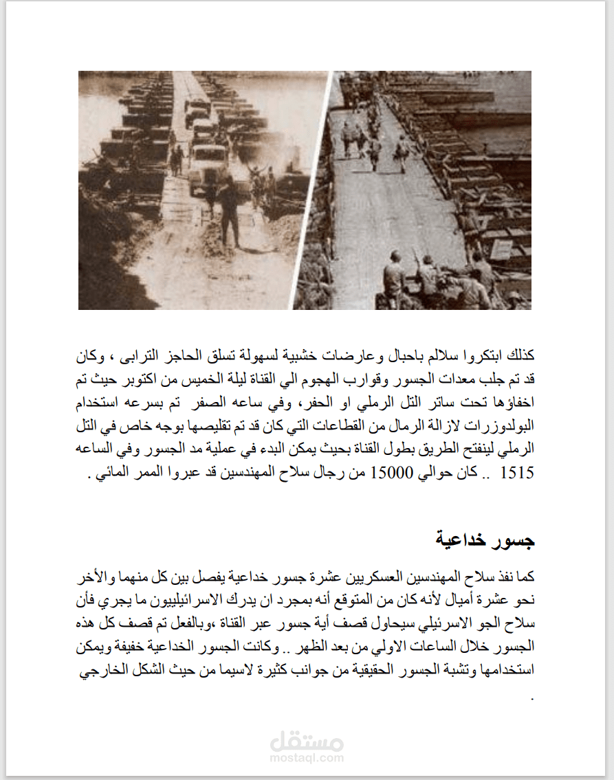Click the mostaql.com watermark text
click(307, 758)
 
